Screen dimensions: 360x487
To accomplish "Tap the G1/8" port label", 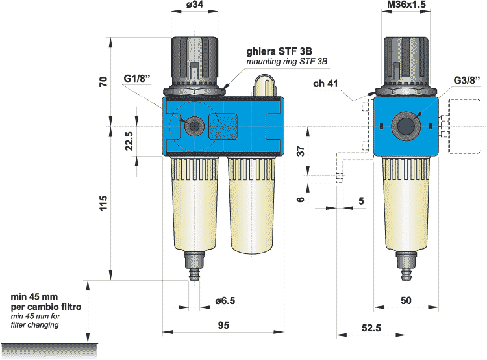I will pos(137,79).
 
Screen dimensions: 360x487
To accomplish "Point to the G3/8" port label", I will pos(466,81).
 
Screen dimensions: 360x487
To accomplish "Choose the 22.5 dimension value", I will pos(129,141).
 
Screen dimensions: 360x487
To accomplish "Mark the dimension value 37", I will pos(299,151).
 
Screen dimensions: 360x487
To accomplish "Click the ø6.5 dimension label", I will pos(225,301).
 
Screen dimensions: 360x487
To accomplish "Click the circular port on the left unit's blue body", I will pos(192,125).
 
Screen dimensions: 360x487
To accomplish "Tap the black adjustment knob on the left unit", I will pos(194,58).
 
